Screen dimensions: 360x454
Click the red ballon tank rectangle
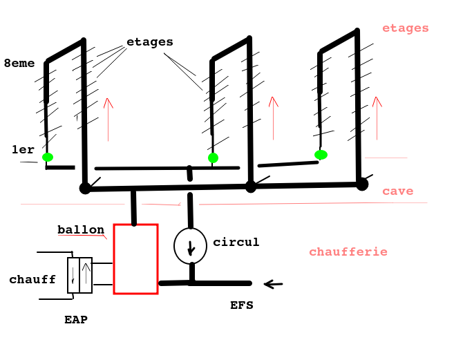[x=135, y=259]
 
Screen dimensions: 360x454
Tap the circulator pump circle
[x=190, y=246]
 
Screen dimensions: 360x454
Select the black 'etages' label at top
[x=150, y=42]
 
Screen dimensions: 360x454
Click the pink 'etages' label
[x=406, y=28]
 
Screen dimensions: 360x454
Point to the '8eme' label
[x=19, y=64]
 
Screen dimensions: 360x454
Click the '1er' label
[x=23, y=150]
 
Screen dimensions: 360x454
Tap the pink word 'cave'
[x=398, y=191]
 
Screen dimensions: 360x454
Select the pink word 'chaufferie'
[x=348, y=252]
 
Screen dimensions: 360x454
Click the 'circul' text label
[x=236, y=243]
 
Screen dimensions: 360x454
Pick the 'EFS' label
[x=242, y=305]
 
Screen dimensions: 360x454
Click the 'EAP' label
[x=76, y=320]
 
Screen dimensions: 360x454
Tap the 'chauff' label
[x=32, y=280]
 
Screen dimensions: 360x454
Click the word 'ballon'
[x=81, y=230]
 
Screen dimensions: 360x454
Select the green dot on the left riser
[x=47, y=158]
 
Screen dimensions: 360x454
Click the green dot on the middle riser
[x=213, y=158]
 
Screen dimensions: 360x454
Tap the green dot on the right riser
[x=321, y=155]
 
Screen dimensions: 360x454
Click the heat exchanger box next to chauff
[x=79, y=275]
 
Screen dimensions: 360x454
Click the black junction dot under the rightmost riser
[x=361, y=184]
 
